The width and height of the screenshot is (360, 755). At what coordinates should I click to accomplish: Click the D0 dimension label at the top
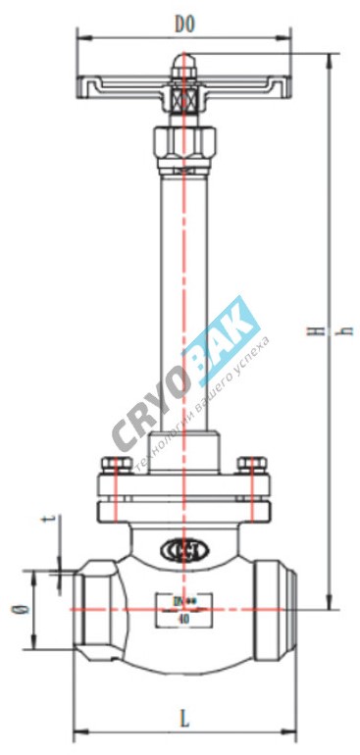click(x=183, y=23)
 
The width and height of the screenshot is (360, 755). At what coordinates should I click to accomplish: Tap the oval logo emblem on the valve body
click(x=182, y=548)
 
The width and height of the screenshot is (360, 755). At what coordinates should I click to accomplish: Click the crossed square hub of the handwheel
click(x=183, y=100)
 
